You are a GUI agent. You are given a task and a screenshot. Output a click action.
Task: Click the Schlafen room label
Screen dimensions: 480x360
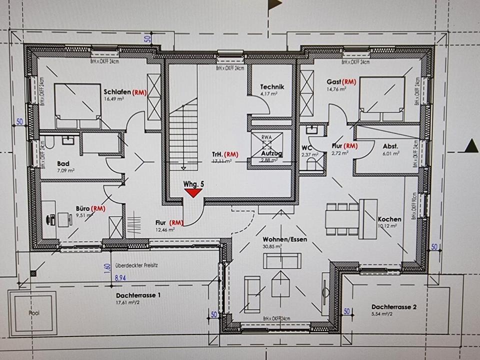click(x=118, y=92)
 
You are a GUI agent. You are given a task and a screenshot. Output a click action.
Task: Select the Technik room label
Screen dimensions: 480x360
click(x=272, y=86)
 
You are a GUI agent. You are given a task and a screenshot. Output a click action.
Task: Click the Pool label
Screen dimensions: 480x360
click(x=34, y=313)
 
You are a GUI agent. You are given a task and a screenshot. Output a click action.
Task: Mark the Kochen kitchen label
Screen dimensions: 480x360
click(x=389, y=219)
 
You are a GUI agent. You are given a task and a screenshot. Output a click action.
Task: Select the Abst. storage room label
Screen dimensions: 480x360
click(x=390, y=146)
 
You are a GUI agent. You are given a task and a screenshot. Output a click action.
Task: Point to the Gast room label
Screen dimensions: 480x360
click(x=334, y=81)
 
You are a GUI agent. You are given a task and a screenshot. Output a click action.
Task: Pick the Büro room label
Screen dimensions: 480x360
click(x=82, y=208)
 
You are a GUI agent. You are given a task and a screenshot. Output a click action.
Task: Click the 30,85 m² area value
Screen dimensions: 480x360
click(x=272, y=246)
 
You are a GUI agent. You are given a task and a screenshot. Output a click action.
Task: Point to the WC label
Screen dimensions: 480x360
click(x=307, y=147)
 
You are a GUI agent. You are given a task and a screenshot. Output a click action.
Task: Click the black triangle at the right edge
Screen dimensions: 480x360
click(x=471, y=146)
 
